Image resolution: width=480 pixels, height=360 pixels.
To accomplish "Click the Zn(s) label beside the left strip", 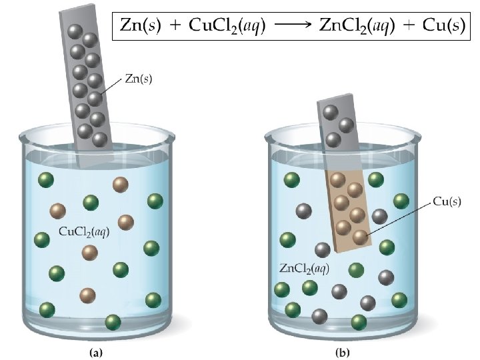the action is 139,79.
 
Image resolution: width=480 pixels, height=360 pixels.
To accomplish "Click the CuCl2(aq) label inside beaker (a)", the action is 84,232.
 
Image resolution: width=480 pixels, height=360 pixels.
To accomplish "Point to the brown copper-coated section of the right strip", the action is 348,207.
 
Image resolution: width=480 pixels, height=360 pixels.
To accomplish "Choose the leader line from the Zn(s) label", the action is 111,86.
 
